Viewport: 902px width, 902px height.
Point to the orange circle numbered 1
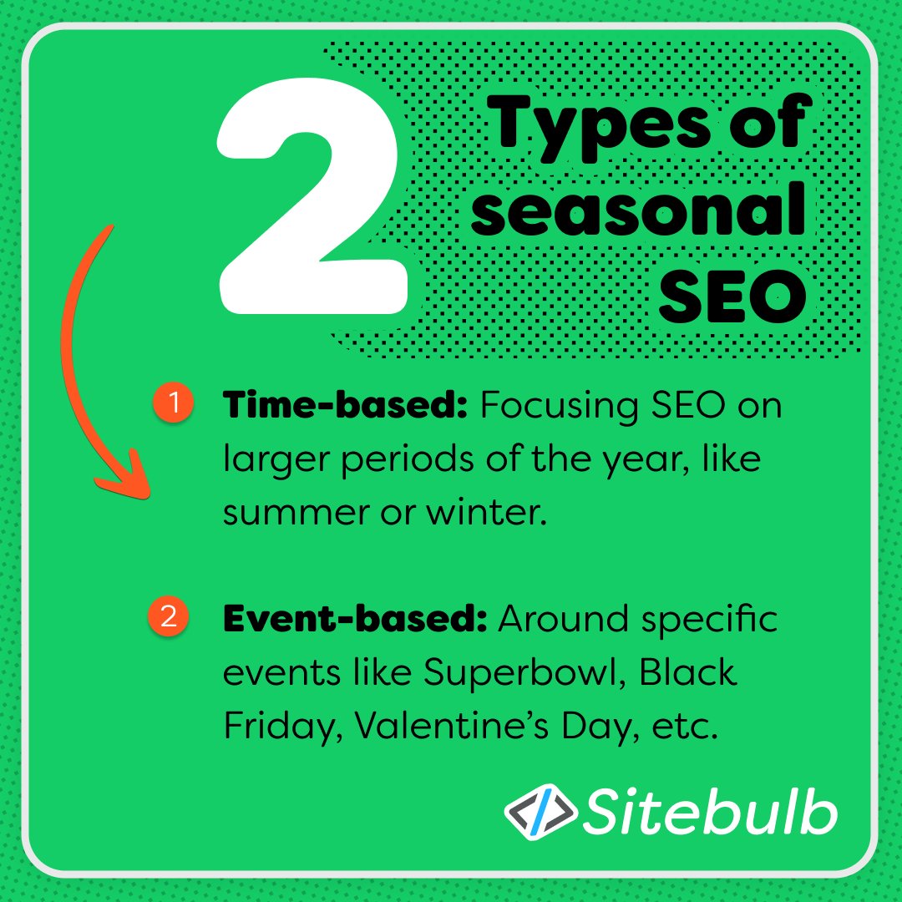(173, 403)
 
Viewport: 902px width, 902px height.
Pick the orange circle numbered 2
(168, 618)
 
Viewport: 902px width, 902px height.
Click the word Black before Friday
(688, 673)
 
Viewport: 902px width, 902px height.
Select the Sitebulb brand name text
(709, 809)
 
